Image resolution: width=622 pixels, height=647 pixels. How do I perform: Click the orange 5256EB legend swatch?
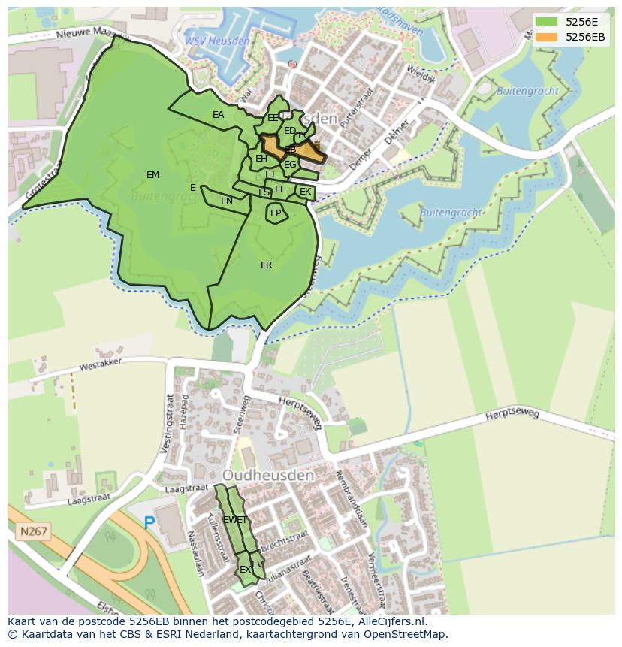click(x=546, y=37)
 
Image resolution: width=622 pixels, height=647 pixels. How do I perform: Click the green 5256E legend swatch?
click(x=546, y=22)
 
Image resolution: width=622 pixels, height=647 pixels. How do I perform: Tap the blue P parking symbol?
click(x=149, y=522)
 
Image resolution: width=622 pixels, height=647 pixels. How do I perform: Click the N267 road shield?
click(x=33, y=532)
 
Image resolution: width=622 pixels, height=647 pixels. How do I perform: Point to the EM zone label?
click(x=152, y=175)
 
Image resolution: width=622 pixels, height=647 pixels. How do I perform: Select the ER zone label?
click(x=266, y=265)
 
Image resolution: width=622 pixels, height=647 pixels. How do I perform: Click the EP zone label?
click(x=276, y=213)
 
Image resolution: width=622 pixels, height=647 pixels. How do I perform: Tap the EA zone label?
click(x=218, y=115)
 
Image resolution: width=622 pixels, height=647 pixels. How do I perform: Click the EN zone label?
click(x=226, y=201)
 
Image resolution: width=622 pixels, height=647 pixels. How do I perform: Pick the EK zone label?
click(x=305, y=192)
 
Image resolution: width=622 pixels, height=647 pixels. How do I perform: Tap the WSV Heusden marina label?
click(x=217, y=41)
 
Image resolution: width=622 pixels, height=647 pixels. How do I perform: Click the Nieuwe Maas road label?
click(x=85, y=32)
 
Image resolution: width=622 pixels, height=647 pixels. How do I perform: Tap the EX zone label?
click(x=245, y=570)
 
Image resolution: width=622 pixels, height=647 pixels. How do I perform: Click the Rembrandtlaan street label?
click(x=351, y=501)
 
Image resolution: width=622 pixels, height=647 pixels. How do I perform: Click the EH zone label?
click(x=261, y=159)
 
